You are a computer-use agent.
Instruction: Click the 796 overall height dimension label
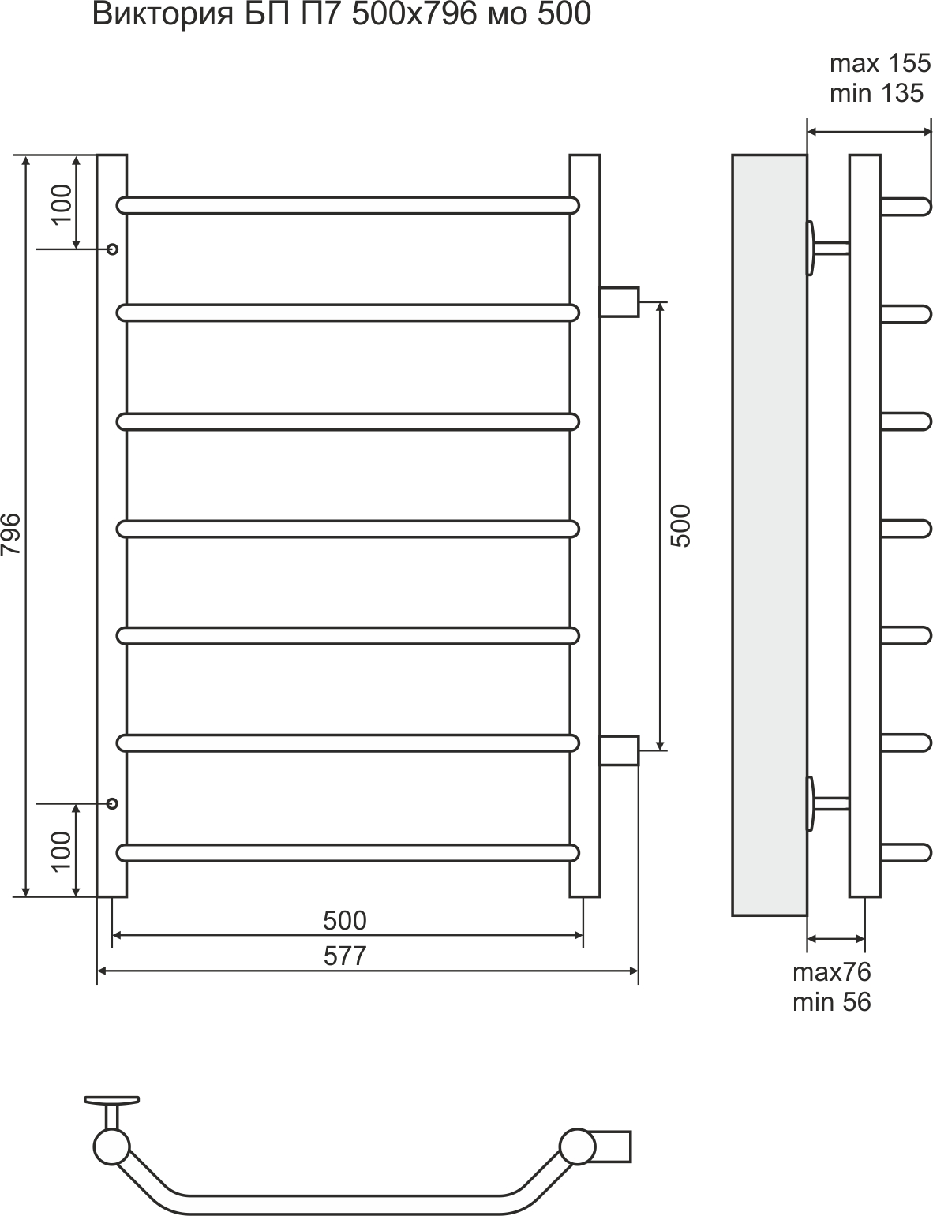11,534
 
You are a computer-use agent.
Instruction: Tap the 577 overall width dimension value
345,956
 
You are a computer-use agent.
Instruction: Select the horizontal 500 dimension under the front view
345,921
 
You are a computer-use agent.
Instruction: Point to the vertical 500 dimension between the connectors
682,526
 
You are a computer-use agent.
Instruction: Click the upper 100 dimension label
62,204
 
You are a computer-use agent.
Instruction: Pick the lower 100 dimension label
62,851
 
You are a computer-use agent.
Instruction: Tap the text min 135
876,93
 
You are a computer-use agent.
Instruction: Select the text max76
832,973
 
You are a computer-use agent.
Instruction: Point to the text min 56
832,1002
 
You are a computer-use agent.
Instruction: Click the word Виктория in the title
163,14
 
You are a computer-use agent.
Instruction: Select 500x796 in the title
414,14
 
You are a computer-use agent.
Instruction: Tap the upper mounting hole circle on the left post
113,249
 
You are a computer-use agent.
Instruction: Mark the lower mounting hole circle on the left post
113,803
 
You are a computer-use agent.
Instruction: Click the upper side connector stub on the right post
620,302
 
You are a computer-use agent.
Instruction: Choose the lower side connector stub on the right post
620,750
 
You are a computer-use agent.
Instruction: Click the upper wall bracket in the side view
827,248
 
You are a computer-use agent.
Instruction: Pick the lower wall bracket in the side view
827,803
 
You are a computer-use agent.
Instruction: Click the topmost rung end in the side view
906,207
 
